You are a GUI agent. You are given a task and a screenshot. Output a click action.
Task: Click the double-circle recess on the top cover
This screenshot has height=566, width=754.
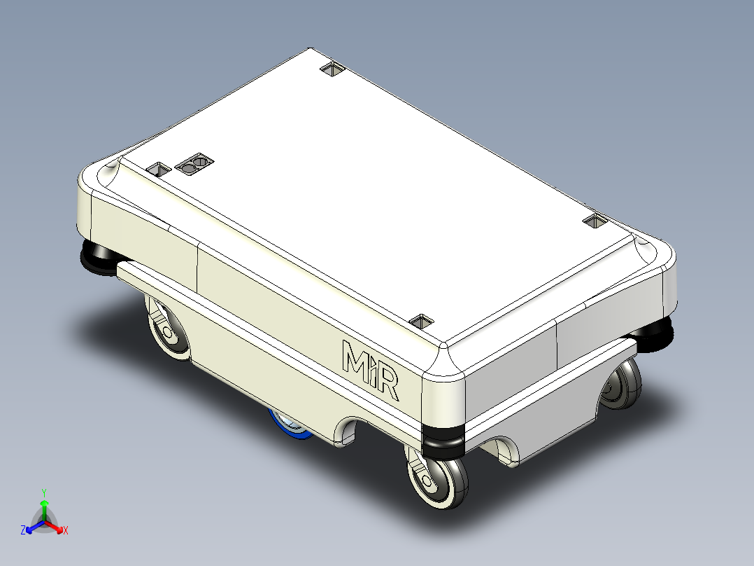point(194,165)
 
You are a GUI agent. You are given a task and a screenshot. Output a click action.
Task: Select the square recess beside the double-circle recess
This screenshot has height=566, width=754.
point(159,169)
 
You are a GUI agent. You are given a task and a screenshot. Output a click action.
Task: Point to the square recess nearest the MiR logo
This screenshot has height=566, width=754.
point(422,321)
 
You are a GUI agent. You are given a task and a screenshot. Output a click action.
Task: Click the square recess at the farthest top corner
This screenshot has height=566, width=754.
point(333,69)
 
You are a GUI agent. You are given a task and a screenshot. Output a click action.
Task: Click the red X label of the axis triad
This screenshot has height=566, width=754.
point(66,531)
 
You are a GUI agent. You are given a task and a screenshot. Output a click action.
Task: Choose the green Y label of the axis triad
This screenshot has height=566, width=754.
point(43,492)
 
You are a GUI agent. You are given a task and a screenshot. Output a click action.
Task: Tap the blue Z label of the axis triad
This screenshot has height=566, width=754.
point(23,530)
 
